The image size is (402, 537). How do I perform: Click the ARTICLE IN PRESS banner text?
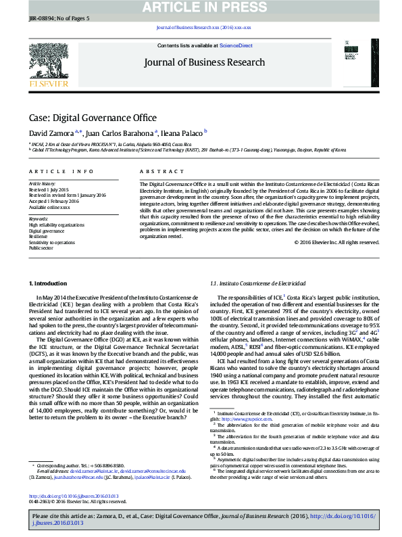[x=201, y=7]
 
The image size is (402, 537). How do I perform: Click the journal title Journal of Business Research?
[x=203, y=62]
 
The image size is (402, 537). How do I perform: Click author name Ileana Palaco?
[x=182, y=133]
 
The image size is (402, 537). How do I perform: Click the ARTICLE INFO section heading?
[x=61, y=172]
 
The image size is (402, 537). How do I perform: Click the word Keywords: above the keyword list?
[x=39, y=219]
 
